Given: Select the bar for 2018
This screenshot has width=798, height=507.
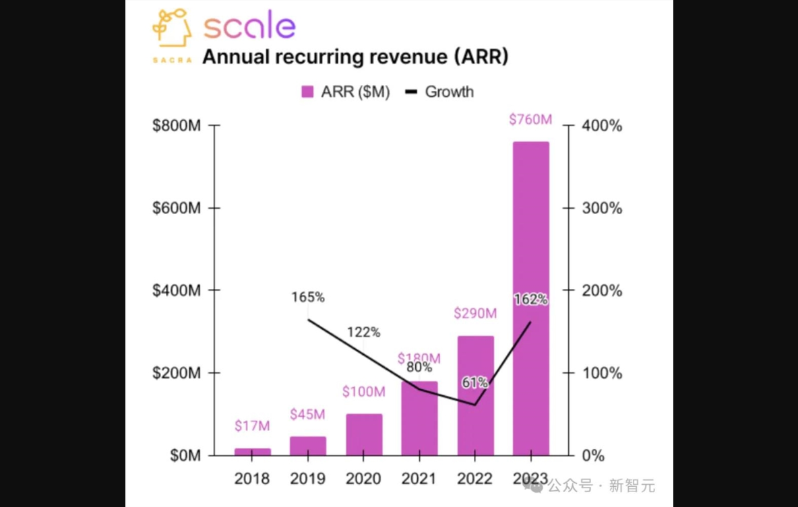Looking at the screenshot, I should click(x=252, y=452).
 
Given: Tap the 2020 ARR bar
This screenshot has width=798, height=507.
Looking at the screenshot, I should click(x=364, y=434).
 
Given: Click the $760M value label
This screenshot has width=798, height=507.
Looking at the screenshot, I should click(x=530, y=120).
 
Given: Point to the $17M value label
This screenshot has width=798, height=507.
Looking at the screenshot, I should click(x=252, y=426).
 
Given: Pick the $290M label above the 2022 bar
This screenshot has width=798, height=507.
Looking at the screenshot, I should click(x=475, y=313).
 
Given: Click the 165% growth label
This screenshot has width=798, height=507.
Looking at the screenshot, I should click(x=308, y=297).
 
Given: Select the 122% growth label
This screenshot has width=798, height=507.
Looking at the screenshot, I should click(x=364, y=332).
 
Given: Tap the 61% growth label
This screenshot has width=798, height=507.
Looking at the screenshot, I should click(x=475, y=382).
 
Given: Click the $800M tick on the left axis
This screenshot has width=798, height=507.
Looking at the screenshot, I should click(x=177, y=126).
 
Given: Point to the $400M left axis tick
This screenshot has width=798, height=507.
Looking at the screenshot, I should click(x=177, y=291).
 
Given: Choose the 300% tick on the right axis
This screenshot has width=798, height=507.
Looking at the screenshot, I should click(x=603, y=208).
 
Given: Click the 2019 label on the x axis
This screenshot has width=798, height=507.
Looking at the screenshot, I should click(x=308, y=479).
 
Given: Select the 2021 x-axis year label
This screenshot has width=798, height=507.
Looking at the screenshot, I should click(x=419, y=479).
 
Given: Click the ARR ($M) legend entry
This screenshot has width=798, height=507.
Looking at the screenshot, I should click(x=346, y=92).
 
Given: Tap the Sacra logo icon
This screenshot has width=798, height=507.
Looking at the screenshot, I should click(x=171, y=34).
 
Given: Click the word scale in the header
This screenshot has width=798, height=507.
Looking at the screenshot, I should click(x=249, y=27).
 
